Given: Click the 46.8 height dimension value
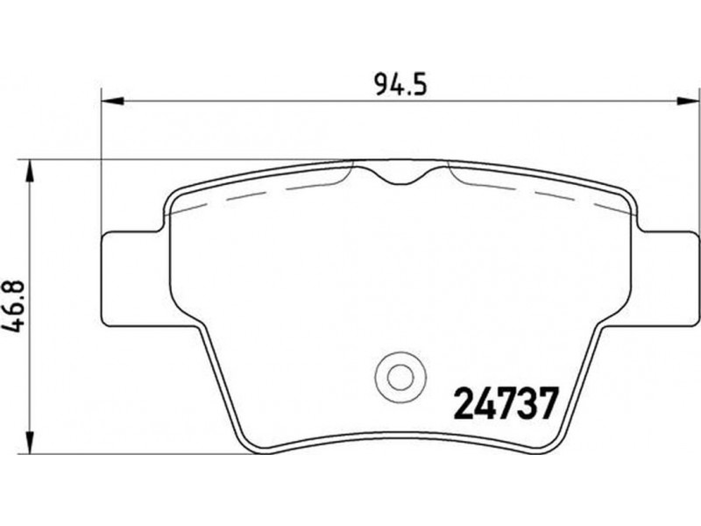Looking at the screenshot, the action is point(13,307).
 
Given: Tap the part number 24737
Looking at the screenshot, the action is point(506,403).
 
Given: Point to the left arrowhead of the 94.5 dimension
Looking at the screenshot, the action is point(112,102).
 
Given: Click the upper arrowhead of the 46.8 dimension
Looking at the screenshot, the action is point(30,171).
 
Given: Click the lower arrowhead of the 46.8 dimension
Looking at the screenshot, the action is point(30,443).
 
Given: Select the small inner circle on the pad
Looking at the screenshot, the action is point(400,377).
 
